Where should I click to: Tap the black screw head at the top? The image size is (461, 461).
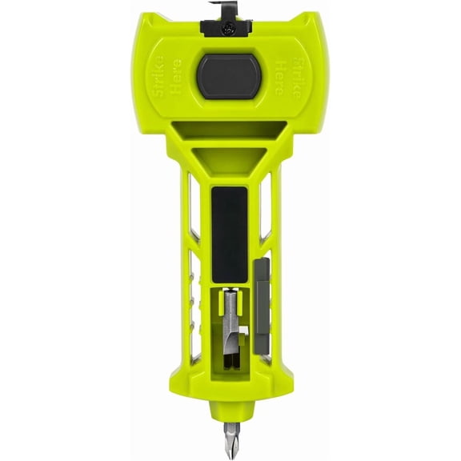227,29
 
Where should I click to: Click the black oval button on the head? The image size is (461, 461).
229,76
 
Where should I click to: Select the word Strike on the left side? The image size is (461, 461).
159,76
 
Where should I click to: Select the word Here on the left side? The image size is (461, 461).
177,76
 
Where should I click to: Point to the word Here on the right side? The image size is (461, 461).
280,77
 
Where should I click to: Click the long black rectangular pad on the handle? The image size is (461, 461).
230,235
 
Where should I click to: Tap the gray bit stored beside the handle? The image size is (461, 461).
262,307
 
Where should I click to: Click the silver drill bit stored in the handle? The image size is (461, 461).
231,328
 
